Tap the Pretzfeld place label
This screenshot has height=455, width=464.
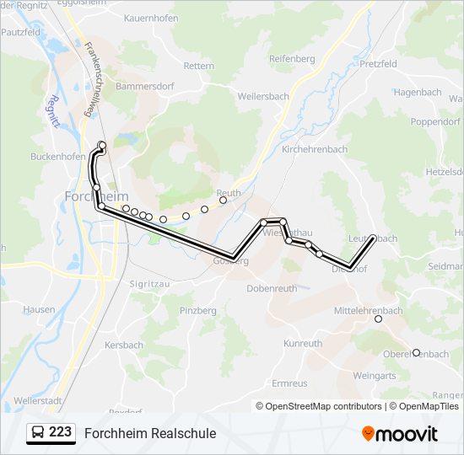tap(378, 64)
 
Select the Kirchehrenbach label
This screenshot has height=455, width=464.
tap(314, 149)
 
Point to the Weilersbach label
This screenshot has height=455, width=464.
tap(263, 97)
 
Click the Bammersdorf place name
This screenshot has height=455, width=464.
tap(143, 86)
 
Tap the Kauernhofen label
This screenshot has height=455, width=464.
tap(152, 18)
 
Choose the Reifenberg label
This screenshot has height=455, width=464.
tap(292, 59)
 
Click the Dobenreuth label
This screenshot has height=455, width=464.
tap(272, 288)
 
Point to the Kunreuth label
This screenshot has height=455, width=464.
tap(303, 344)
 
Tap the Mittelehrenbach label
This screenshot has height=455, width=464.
tap(369, 311)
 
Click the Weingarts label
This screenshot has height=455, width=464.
tap(374, 376)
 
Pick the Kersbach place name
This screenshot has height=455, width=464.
tap(124, 345)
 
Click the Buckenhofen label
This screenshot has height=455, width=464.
tap(58, 157)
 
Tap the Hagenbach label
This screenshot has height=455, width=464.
tap(418, 93)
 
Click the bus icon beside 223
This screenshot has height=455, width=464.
tap(37, 433)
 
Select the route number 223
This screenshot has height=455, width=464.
tap(60, 432)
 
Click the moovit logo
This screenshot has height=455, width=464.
tap(400, 434)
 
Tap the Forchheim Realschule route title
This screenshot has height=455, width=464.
tap(150, 433)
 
